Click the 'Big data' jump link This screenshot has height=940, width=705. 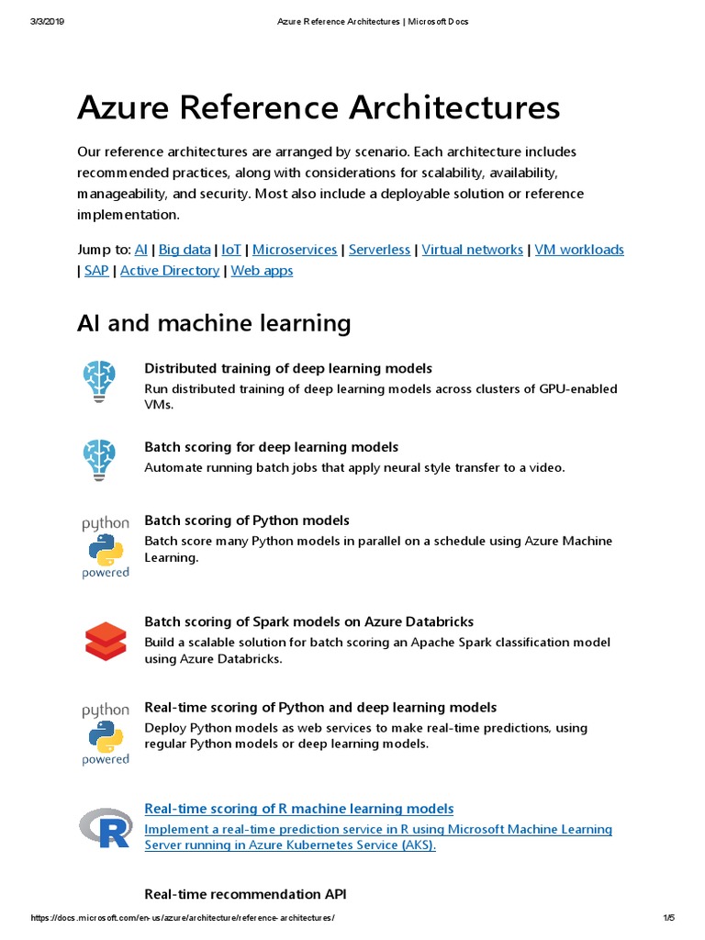click(x=185, y=250)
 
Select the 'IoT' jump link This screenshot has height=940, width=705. click(x=231, y=250)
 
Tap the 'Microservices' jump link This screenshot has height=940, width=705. click(x=295, y=250)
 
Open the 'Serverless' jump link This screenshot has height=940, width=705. click(x=379, y=250)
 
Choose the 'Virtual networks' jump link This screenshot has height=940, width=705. click(x=472, y=250)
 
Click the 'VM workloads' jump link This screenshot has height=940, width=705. click(x=579, y=250)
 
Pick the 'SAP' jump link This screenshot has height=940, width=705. click(x=96, y=271)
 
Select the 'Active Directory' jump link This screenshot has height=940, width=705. click(x=170, y=271)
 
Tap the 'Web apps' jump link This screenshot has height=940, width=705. click(x=262, y=271)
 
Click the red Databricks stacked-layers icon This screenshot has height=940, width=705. click(x=105, y=641)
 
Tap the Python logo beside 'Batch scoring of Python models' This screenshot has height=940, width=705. click(x=106, y=548)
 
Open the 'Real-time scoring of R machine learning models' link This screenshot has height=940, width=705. click(x=298, y=809)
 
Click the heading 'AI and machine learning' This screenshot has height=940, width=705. click(x=214, y=323)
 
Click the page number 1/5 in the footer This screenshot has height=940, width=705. click(x=667, y=919)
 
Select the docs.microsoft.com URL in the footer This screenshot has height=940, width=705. click(x=183, y=919)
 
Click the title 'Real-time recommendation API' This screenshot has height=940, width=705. click(x=245, y=894)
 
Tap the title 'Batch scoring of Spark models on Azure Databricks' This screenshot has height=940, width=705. click(x=308, y=621)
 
